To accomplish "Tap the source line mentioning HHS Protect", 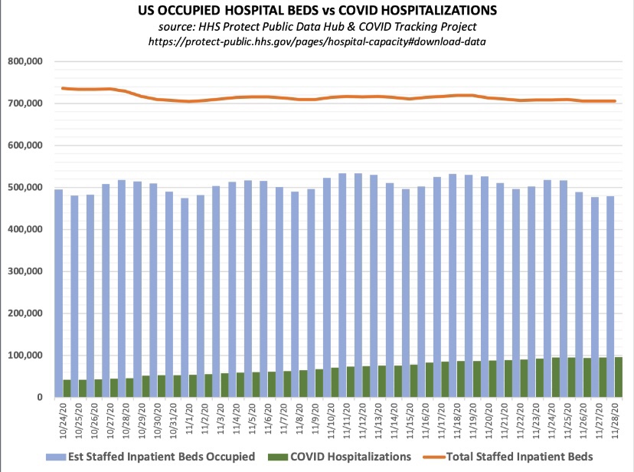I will (317, 27).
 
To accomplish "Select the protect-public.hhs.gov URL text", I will (317, 41).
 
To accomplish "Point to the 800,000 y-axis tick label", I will (25, 61).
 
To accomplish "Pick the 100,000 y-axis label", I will (25, 356).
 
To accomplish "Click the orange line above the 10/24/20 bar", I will (64, 88).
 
